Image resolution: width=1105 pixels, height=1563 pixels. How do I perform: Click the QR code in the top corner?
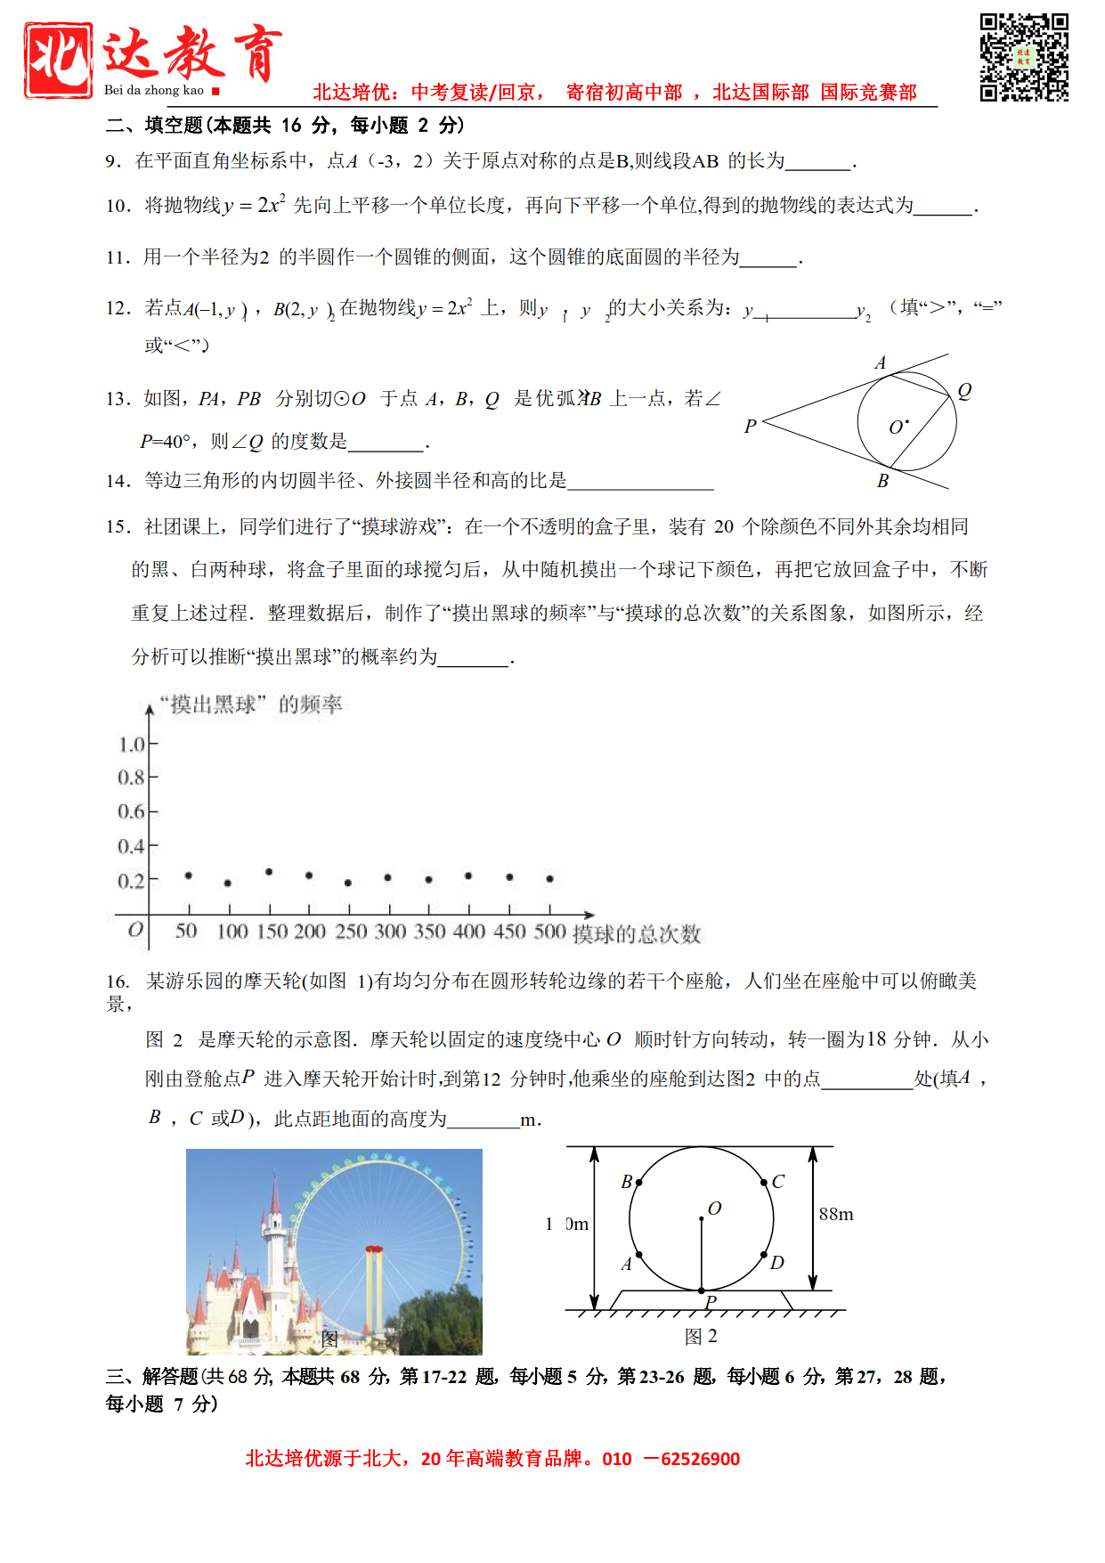pyautogui.click(x=1024, y=57)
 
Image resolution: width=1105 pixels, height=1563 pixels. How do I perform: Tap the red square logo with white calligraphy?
pyautogui.click(x=58, y=60)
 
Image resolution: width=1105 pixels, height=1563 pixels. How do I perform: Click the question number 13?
pyautogui.click(x=118, y=399)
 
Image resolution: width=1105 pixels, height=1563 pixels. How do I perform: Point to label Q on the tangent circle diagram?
pyautogui.click(x=964, y=391)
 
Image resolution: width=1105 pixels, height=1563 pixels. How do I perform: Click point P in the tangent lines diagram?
pyautogui.click(x=751, y=427)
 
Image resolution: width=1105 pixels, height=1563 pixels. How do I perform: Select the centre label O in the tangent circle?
pyautogui.click(x=897, y=427)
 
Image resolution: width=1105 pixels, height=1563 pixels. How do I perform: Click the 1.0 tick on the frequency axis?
pyautogui.click(x=132, y=744)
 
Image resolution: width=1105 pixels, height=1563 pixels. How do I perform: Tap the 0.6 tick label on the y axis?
pyautogui.click(x=132, y=811)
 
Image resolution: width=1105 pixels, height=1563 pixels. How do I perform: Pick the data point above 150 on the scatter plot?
pyautogui.click(x=269, y=872)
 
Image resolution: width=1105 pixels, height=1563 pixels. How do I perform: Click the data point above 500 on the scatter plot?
pyautogui.click(x=550, y=878)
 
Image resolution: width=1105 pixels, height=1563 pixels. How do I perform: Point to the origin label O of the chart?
pyautogui.click(x=135, y=930)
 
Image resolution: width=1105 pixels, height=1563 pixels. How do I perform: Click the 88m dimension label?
pyautogui.click(x=836, y=1214)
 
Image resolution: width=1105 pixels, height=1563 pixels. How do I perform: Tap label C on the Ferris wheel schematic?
pyautogui.click(x=777, y=1182)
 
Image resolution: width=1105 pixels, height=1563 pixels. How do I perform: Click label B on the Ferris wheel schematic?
pyautogui.click(x=627, y=1182)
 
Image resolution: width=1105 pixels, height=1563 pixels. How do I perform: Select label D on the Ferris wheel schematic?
pyautogui.click(x=776, y=1263)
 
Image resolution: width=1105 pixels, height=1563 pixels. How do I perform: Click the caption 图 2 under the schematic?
pyautogui.click(x=701, y=1336)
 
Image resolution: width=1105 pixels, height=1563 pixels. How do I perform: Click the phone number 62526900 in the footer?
pyautogui.click(x=700, y=1459)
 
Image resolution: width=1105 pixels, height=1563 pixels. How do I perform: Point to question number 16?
pyautogui.click(x=118, y=981)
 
